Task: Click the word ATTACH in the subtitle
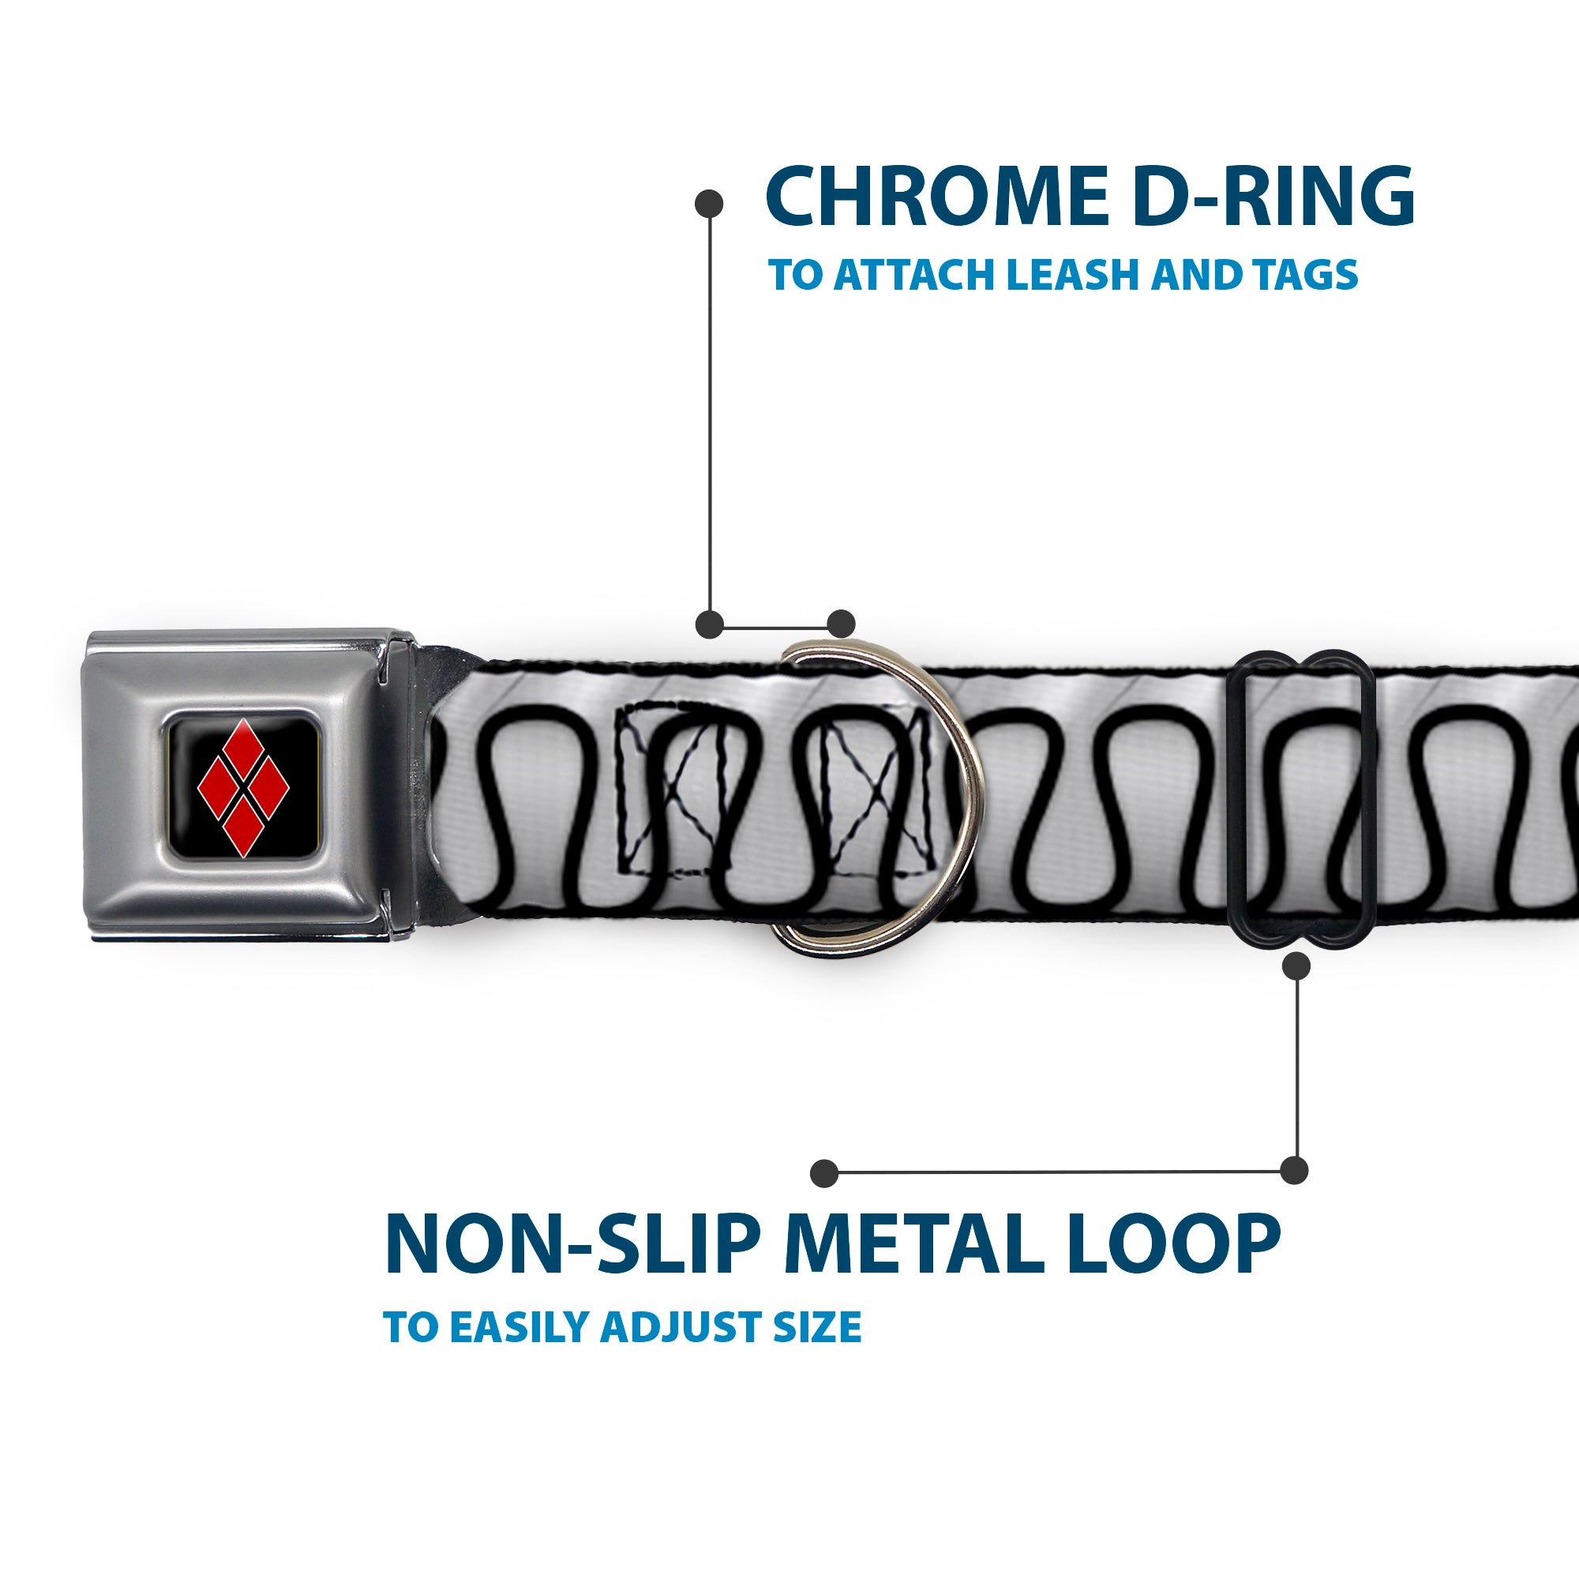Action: point(913,275)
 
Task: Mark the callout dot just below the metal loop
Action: point(1296,967)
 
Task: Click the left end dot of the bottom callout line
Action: point(825,1173)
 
